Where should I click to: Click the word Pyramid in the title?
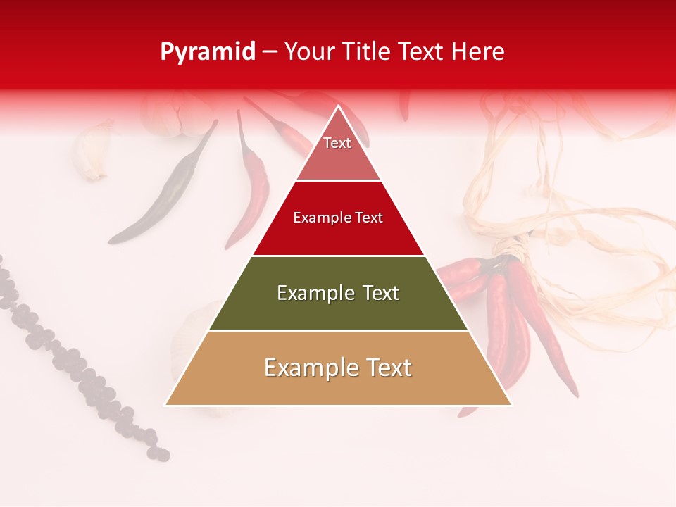(x=208, y=52)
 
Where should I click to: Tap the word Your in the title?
(x=311, y=51)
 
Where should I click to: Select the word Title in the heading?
(x=367, y=51)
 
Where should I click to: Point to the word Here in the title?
(x=478, y=51)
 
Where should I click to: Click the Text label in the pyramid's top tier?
(x=337, y=143)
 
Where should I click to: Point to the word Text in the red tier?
(x=368, y=218)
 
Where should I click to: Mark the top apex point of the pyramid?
(x=339, y=106)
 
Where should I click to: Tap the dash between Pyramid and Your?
(x=270, y=52)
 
